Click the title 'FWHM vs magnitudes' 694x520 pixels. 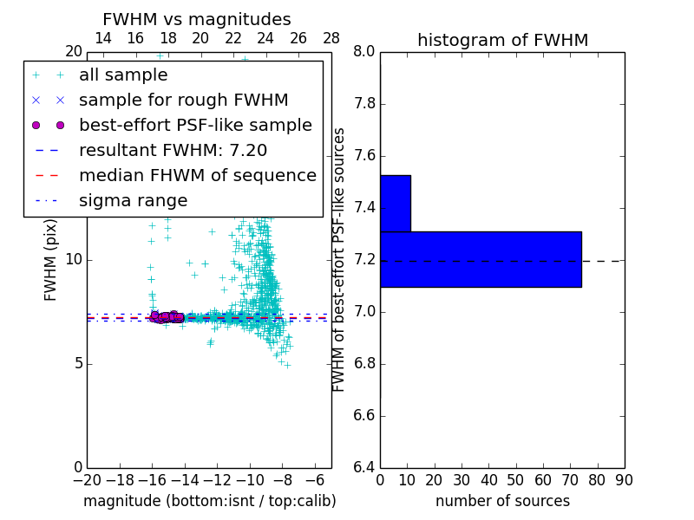pyautogui.click(x=197, y=20)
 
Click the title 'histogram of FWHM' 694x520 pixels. pyautogui.click(x=502, y=40)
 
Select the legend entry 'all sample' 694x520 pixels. pyautogui.click(x=123, y=75)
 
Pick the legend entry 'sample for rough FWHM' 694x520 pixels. pyautogui.click(x=183, y=101)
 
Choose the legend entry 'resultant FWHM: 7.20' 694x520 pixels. pyautogui.click(x=173, y=150)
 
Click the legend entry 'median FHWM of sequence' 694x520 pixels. pyautogui.click(x=197, y=175)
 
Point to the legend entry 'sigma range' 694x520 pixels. pyautogui.click(x=133, y=200)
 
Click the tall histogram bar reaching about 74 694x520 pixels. pyautogui.click(x=481, y=259)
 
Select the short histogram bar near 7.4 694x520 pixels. pyautogui.click(x=395, y=204)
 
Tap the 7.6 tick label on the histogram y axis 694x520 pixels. pyautogui.click(x=364, y=156)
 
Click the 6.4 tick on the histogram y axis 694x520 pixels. pyautogui.click(x=364, y=467)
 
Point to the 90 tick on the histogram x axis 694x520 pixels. pyautogui.click(x=624, y=480)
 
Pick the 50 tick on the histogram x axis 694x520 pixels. pyautogui.click(x=515, y=480)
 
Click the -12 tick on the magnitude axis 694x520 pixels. pyautogui.click(x=217, y=480)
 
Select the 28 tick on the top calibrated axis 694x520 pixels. pyautogui.click(x=331, y=38)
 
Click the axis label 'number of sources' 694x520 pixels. pyautogui.click(x=502, y=501)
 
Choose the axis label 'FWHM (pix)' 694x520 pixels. pyautogui.click(x=51, y=259)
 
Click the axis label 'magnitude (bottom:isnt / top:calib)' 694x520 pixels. pyautogui.click(x=209, y=501)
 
